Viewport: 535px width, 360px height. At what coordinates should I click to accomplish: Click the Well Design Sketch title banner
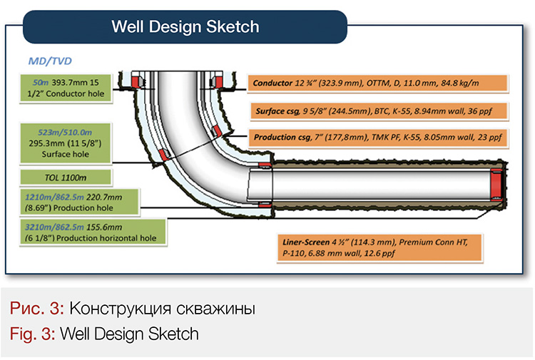(x=185, y=28)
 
